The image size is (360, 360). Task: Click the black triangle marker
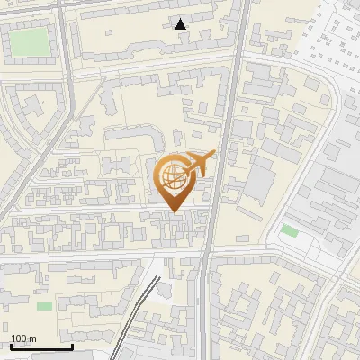tap(181, 24)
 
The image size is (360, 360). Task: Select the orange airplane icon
tap(199, 164)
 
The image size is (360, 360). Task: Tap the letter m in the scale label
tap(33, 338)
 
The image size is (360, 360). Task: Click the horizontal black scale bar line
tap(41, 346)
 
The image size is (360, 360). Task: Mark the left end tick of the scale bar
tap(11, 345)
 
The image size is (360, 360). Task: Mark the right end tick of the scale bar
tap(72, 345)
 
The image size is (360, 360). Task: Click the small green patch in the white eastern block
tap(289, 231)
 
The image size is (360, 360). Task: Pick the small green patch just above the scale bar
tap(44, 306)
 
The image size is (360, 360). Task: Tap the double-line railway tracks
tap(135, 310)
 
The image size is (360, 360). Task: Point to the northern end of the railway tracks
tap(151, 262)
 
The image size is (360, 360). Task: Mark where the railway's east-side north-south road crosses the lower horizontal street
tap(204, 256)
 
